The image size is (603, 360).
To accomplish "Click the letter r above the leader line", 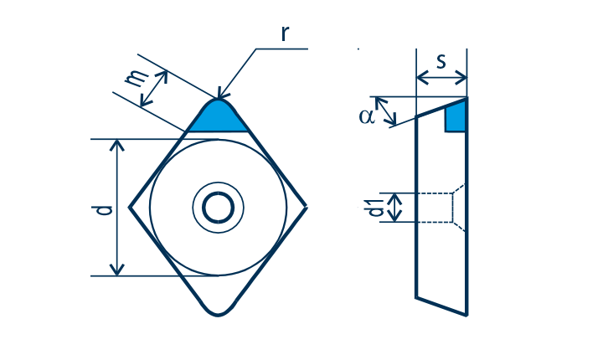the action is tap(284, 33).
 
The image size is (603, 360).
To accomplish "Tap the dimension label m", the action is tap(137, 78).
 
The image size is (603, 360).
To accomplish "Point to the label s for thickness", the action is tap(441, 62).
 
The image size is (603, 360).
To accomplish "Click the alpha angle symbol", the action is tap(367, 116).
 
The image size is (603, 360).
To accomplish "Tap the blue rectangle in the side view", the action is tap(456, 119).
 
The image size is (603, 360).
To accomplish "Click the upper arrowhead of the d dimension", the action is tap(117, 145).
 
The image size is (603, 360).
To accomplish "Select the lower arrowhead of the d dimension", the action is tap(117, 270).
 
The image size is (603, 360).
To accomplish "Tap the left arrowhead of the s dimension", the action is tap(422, 78).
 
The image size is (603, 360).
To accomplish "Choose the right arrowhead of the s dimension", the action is tap(461, 78).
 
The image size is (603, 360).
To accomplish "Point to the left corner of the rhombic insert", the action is tap(129, 208).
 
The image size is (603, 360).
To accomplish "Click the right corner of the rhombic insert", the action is tap(307, 208).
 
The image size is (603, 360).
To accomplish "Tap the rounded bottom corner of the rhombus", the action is tap(218, 315).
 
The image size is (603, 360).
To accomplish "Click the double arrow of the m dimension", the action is tap(154, 89).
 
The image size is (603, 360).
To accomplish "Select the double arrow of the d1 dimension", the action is tap(395, 208).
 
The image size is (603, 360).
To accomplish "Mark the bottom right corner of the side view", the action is tap(466, 316).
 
